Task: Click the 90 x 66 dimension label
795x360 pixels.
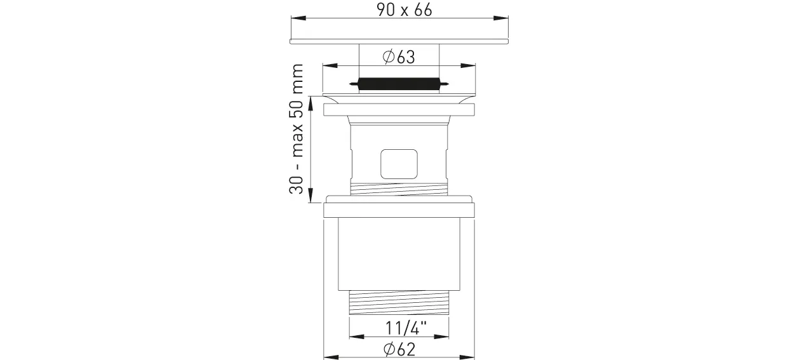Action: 404,10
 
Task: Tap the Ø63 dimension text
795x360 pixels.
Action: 399,57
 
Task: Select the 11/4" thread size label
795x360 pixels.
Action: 406,328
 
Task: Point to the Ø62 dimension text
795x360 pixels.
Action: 399,350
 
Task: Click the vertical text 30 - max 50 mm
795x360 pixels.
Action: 297,129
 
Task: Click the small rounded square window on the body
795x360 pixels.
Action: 399,164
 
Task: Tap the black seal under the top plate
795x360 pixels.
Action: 399,84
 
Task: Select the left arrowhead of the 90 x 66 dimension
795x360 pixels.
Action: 298,18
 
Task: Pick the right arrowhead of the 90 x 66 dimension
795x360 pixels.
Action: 500,18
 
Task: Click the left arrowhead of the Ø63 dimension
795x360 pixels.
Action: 330,65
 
